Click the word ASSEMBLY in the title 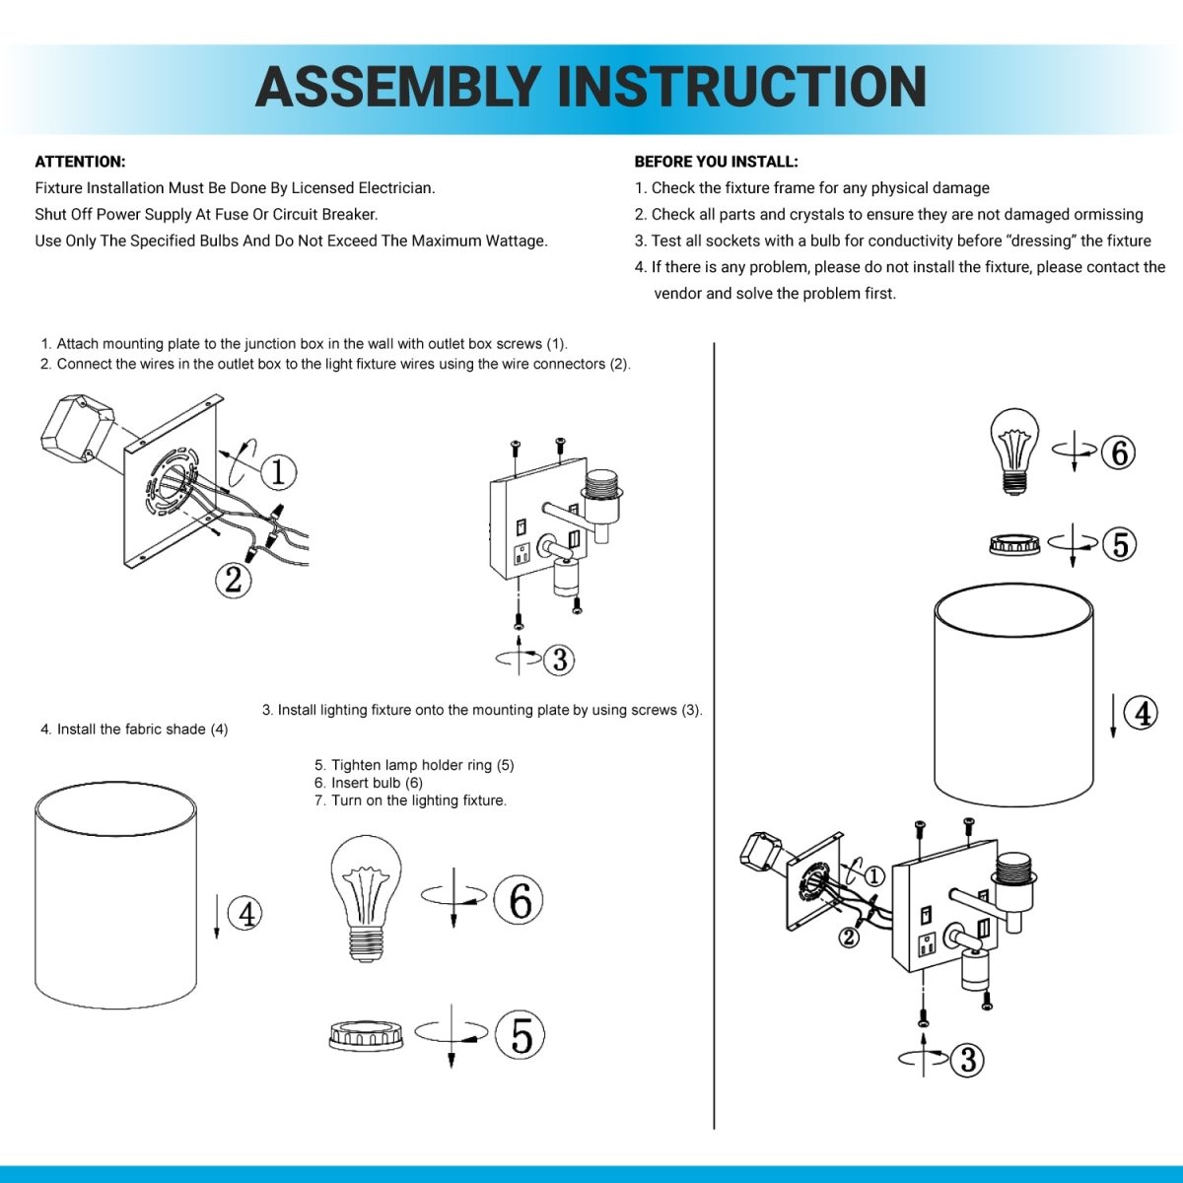pos(398,87)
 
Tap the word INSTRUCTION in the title pos(741,87)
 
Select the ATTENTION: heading pos(80,162)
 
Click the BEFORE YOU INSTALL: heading pos(716,162)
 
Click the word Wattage pos(517,242)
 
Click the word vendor pos(677,294)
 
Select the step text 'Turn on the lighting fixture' pos(419,800)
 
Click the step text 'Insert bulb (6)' pos(377,783)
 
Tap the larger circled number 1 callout pos(278,472)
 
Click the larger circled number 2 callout pos(234,580)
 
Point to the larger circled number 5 pos(520,1036)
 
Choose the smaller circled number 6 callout pos(1118,453)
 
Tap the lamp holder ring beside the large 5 pos(367,1036)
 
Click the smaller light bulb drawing pos(1014,452)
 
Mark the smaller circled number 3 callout pos(968,1060)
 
